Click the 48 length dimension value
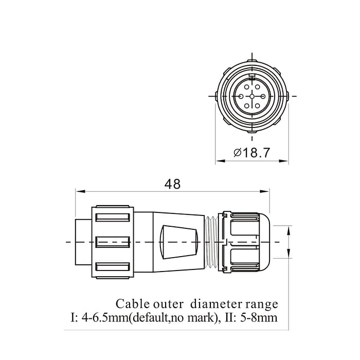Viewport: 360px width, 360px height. [x=172, y=184]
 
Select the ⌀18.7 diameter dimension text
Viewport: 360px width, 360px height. [x=251, y=153]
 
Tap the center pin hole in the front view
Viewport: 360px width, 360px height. [x=252, y=96]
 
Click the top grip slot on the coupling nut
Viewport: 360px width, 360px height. [x=112, y=217]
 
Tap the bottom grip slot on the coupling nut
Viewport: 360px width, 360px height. [x=112, y=267]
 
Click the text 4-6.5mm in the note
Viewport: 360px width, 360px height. [x=105, y=318]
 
